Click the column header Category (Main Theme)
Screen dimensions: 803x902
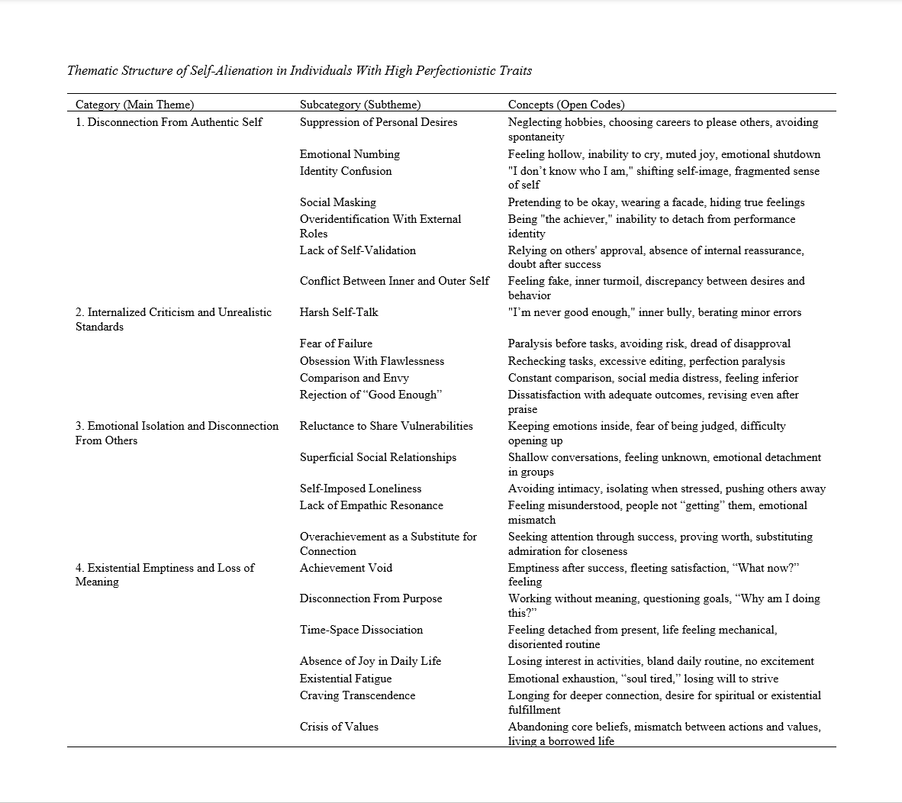click(134, 105)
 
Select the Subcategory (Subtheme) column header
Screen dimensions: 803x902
click(360, 105)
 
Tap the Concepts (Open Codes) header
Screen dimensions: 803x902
click(566, 105)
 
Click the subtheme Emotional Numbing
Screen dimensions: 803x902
click(350, 154)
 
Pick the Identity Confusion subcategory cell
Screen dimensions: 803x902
click(346, 171)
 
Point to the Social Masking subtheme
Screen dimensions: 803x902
click(338, 202)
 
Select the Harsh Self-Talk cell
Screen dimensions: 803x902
click(339, 312)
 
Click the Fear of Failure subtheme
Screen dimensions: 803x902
click(336, 343)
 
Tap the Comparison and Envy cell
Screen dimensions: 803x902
click(354, 378)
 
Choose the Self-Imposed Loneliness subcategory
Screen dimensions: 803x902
click(360, 489)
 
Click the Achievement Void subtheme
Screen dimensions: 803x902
click(346, 568)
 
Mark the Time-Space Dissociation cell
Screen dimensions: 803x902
click(361, 630)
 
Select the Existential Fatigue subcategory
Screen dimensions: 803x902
click(346, 679)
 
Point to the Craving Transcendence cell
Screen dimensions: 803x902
click(357, 695)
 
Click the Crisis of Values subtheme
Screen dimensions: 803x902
click(339, 727)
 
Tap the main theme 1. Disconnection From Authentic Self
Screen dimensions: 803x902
click(169, 122)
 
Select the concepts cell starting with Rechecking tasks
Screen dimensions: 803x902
click(646, 361)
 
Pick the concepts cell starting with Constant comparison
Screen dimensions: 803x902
click(653, 378)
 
